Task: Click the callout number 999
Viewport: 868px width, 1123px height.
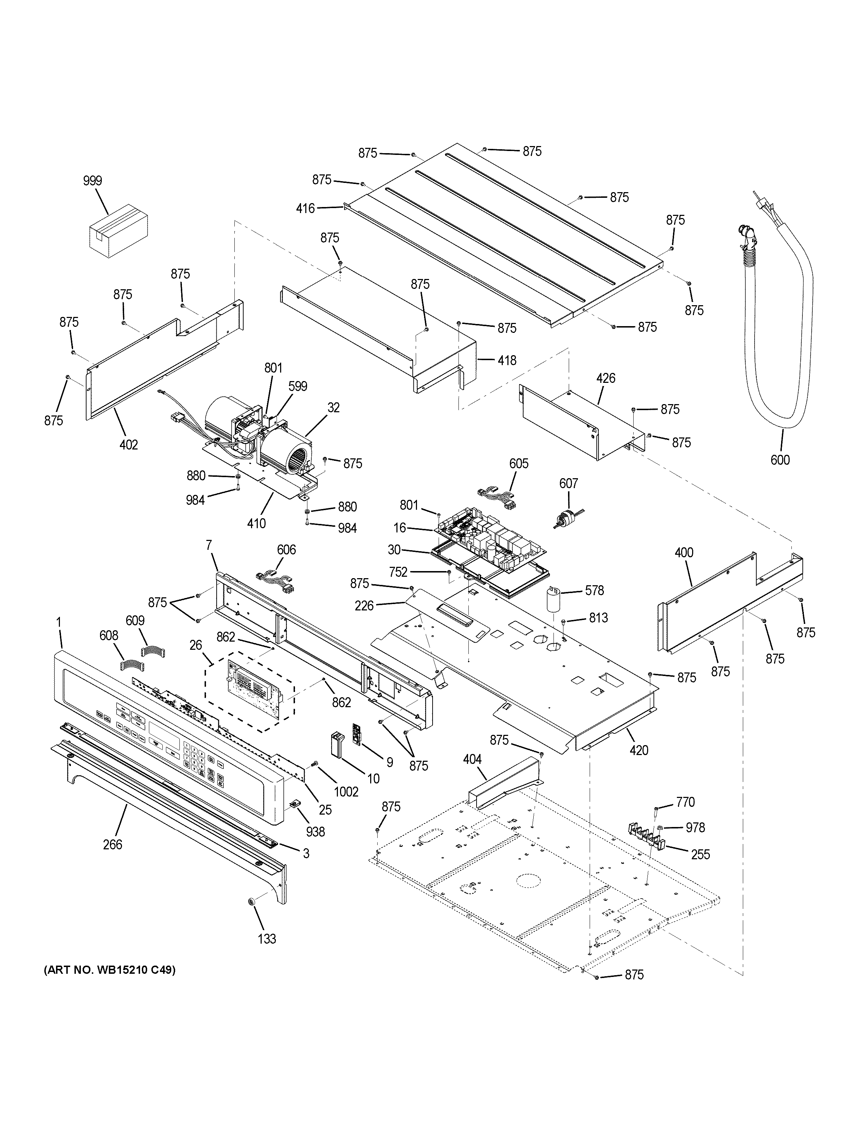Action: point(93,180)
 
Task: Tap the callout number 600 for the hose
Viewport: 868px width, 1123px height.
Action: point(780,460)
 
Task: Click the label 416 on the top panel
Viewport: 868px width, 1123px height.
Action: point(305,208)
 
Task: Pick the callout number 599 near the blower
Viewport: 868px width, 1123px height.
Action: point(298,386)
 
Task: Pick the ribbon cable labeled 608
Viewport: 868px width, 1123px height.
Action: point(132,666)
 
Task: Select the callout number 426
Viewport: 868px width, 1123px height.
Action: point(606,379)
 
